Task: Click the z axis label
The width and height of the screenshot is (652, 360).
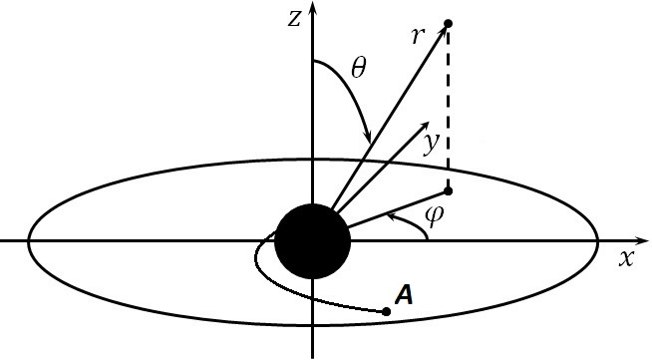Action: coord(292,19)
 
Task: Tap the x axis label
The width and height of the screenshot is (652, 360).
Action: coord(626,257)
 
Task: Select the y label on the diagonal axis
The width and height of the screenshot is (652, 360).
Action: coord(429,145)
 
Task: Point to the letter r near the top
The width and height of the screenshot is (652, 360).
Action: coord(419,37)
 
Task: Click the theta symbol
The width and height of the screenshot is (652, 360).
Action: coord(358,69)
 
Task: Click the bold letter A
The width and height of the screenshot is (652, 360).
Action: coord(404,294)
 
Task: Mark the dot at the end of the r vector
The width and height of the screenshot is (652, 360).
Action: coord(448,23)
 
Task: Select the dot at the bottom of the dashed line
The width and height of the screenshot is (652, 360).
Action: coord(448,189)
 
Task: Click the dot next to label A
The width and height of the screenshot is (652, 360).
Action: coord(386,312)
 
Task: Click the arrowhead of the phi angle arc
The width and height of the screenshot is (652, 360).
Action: coord(394,212)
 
